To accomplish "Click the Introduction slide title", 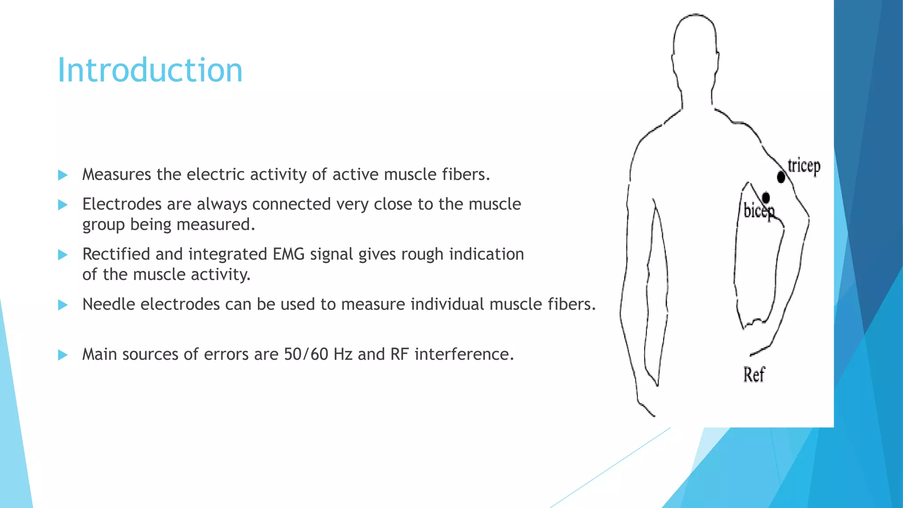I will coord(150,71).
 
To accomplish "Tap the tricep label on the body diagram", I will coord(804,167).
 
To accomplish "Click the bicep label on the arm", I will coord(758,211).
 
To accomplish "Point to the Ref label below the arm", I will coord(754,375).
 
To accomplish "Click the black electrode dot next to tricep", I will coord(781,178).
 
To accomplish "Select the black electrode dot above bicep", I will coord(766,197).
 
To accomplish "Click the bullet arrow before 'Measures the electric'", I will coord(63,175).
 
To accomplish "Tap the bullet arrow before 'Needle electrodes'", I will coord(63,305).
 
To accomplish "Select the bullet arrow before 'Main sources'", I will coord(63,355).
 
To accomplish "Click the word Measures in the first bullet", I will coord(116,175).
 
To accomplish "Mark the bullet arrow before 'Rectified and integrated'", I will coord(63,255).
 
